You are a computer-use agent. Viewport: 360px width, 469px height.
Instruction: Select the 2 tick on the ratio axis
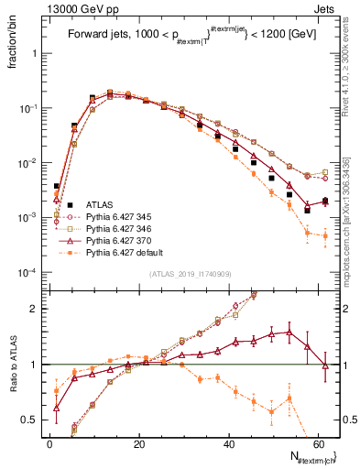38,309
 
